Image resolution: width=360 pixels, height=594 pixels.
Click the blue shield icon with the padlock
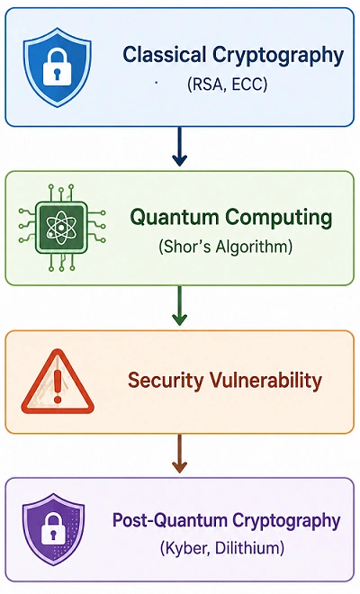coord(58,67)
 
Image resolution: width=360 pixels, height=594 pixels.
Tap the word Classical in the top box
coord(165,54)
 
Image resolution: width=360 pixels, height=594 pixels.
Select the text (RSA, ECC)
coord(227,84)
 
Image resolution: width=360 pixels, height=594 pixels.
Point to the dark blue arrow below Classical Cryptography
coord(179,147)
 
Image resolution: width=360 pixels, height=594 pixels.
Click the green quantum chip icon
coord(62,228)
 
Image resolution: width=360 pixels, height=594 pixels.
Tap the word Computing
coord(279,218)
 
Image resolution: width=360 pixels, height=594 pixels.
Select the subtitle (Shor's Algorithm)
coord(226,247)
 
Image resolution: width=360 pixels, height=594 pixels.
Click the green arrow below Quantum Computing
coord(179,306)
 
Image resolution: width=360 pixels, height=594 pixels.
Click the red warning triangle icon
coord(58,382)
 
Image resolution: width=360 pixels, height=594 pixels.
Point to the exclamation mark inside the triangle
coord(58,386)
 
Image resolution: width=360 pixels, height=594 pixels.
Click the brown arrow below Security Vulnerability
coord(179,454)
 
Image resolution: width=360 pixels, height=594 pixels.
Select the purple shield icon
coord(53,529)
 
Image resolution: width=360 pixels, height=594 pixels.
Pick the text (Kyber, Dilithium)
coord(222,548)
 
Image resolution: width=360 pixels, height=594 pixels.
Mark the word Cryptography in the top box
coord(278,55)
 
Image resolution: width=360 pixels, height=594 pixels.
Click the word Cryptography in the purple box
coord(286,521)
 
